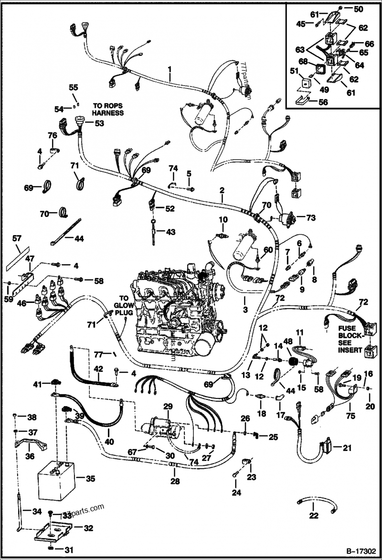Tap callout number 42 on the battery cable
tap(97, 369)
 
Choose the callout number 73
tap(311, 218)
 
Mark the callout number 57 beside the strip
tap(17, 237)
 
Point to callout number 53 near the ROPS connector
tap(99, 123)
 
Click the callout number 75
tap(351, 416)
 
